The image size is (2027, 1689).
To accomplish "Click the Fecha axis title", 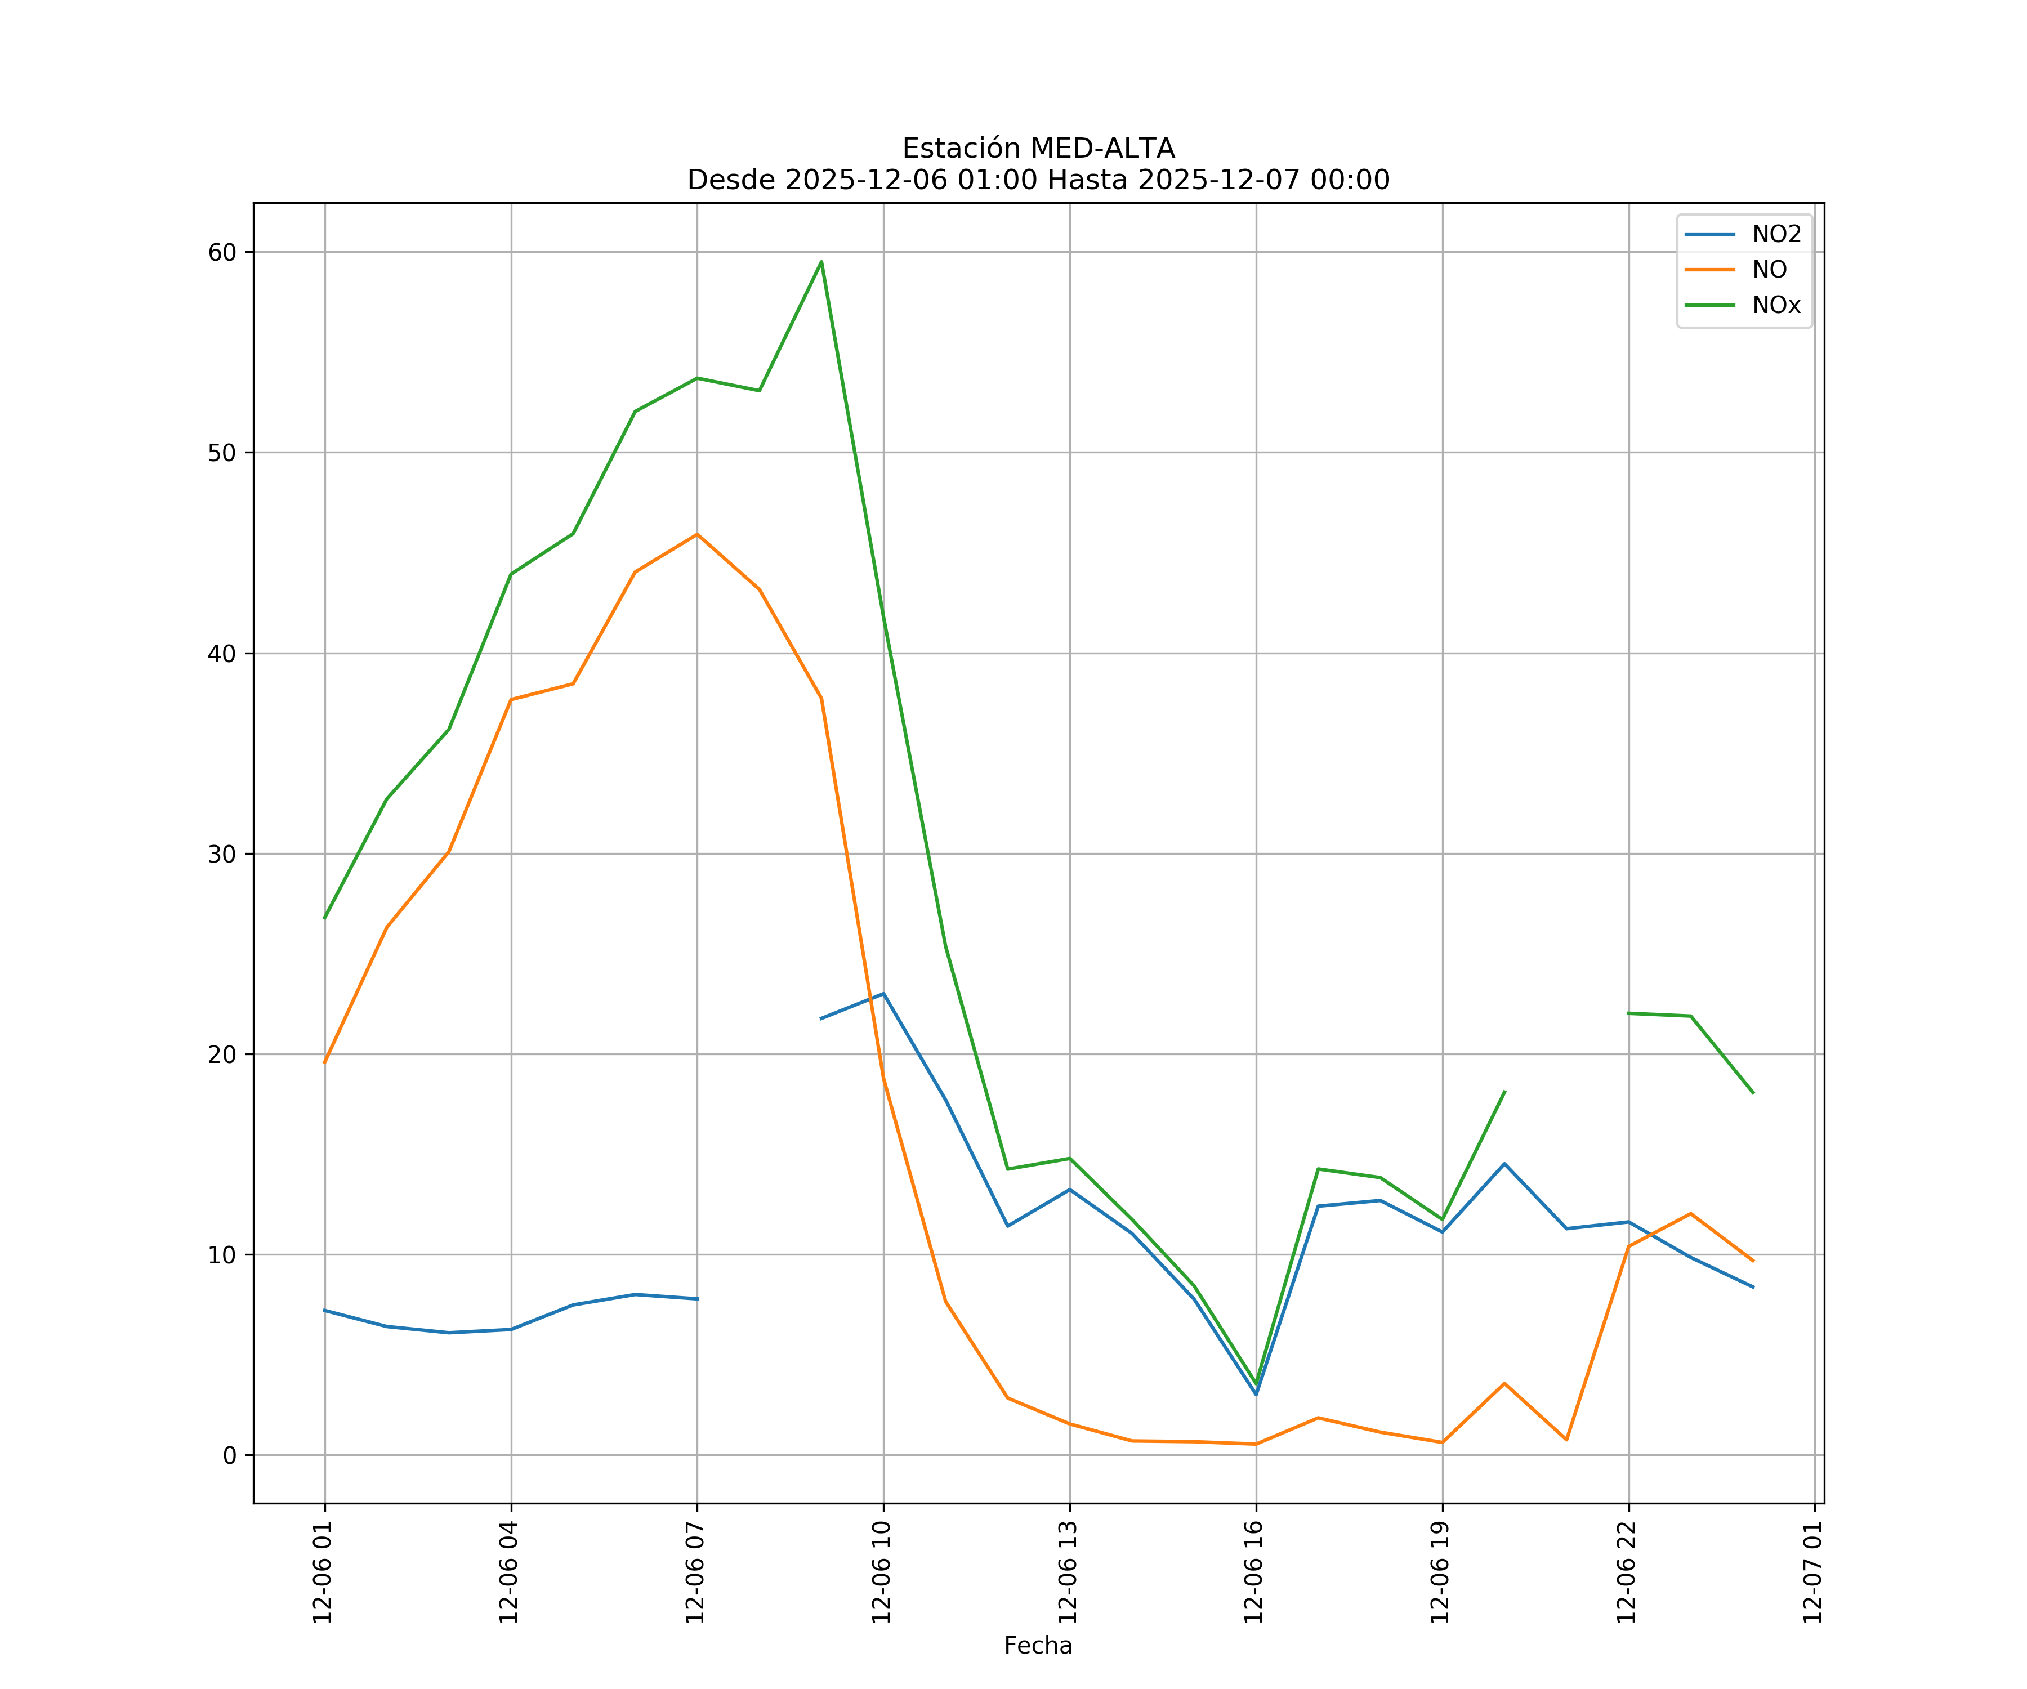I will point(1038,1646).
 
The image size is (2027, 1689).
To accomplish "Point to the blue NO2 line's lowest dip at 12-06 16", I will point(1256,1393).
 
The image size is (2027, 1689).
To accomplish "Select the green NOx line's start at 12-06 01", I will point(325,917).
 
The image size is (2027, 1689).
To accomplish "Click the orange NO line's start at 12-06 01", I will point(325,1062).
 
